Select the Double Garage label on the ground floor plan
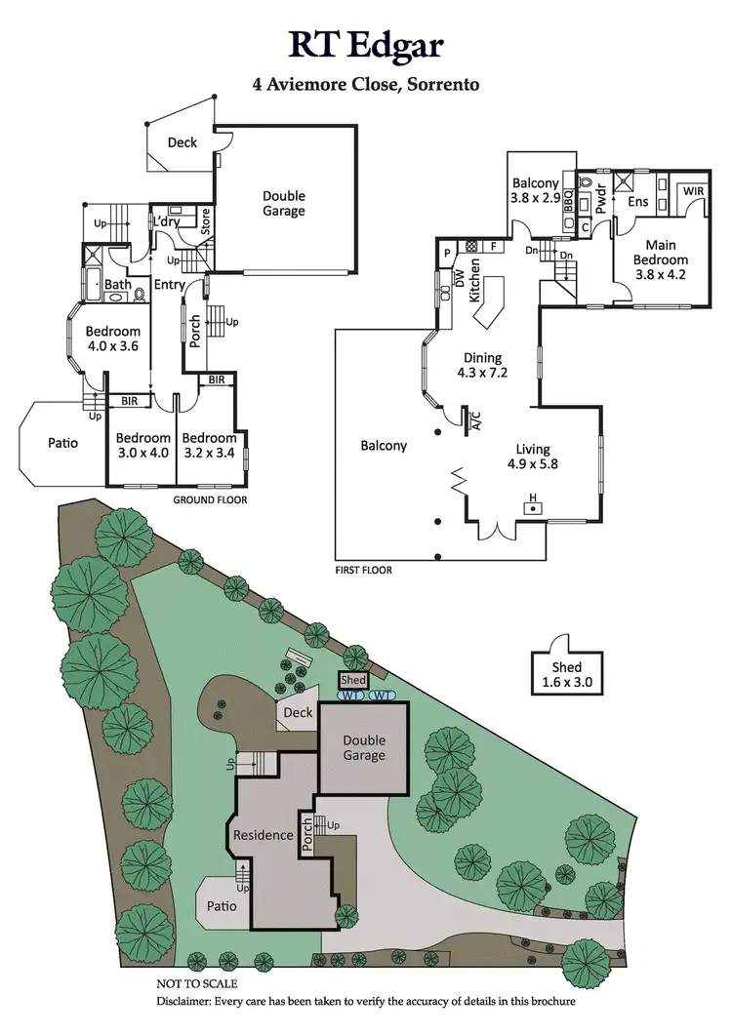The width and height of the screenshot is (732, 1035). (283, 203)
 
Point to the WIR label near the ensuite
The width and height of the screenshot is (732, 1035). (692, 190)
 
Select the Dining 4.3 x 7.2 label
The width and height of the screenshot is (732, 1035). (482, 365)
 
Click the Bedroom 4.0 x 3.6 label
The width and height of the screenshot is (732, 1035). (112, 338)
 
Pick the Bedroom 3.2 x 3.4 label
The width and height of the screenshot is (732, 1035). (209, 445)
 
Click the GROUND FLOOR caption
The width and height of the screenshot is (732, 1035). (210, 499)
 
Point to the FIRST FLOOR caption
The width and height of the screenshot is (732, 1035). (363, 570)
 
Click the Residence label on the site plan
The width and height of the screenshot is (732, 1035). (263, 835)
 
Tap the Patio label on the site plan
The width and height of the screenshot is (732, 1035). (222, 905)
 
